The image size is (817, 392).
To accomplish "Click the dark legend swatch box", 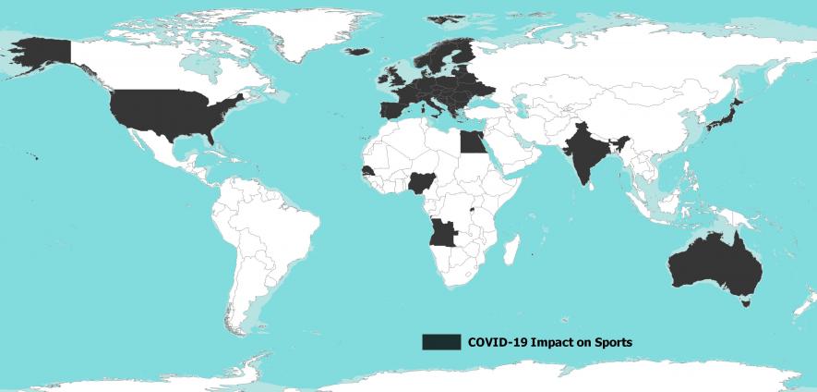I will [440, 342].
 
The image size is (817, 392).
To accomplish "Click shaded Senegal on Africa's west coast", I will [368, 172].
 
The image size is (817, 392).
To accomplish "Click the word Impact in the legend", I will [557, 342].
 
